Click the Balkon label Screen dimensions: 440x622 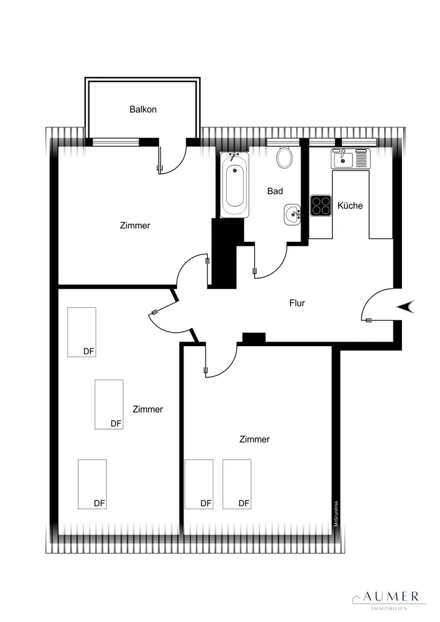coord(143,109)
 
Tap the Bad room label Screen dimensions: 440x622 coord(275,191)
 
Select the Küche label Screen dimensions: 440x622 coord(350,206)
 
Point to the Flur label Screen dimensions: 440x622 coord(297,303)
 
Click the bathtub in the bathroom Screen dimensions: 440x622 coord(235,185)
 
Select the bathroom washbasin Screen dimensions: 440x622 coord(293,215)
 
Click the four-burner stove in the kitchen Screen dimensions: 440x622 coord(321,206)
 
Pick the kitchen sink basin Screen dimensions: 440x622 coord(343,159)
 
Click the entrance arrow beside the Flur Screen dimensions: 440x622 coord(405,306)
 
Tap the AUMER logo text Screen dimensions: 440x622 coord(391,596)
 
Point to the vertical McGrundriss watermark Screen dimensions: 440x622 coord(336,514)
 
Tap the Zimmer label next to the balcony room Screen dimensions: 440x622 coord(135,225)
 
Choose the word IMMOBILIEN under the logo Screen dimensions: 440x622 coord(389,609)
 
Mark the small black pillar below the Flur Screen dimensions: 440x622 coord(254,337)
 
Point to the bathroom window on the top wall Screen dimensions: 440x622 coord(283,142)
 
